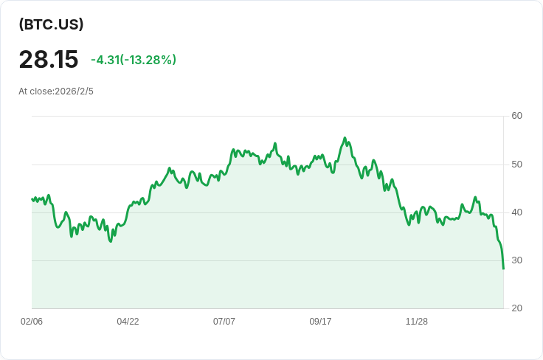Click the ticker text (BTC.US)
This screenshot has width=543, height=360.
point(51,24)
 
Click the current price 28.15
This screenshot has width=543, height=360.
point(49,59)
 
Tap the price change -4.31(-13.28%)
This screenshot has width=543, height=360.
point(134,60)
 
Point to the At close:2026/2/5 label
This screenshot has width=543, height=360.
point(56,91)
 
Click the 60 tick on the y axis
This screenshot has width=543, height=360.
point(516,116)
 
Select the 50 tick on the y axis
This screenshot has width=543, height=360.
point(516,165)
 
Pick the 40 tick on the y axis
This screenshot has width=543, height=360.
point(516,212)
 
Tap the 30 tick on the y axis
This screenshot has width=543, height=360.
point(516,260)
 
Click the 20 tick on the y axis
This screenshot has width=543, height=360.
point(516,308)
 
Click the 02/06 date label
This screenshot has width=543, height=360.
point(32,322)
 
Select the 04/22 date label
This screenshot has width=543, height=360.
point(128,322)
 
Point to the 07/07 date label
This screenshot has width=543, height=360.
point(224,322)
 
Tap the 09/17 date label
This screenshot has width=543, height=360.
point(320,322)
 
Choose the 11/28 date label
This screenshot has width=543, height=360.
point(417,322)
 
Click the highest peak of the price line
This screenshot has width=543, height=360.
point(345,138)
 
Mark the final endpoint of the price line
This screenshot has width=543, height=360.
point(503,269)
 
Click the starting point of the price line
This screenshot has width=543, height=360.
point(32,199)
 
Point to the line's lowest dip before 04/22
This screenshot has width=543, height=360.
point(111,241)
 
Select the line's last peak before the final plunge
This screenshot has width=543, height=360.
point(475,197)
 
